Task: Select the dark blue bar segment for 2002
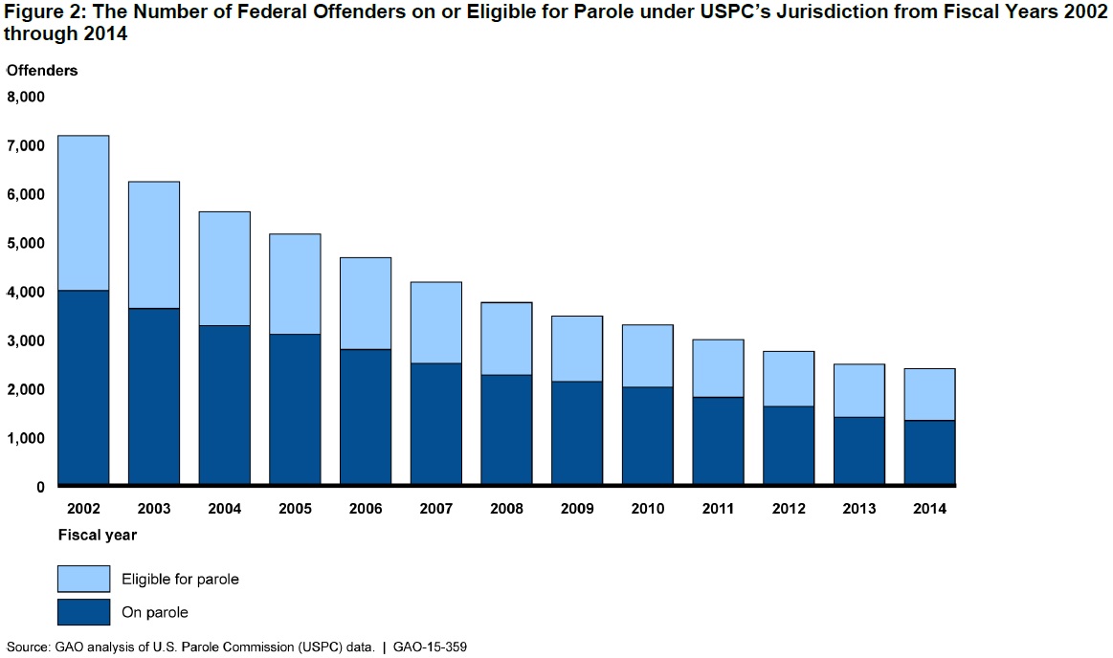(83, 387)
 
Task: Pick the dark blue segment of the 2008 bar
(506, 429)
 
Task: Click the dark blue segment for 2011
(718, 441)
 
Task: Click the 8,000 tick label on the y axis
(26, 97)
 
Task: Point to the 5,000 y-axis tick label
(26, 243)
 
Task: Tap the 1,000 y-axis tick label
(26, 438)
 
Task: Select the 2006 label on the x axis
(366, 509)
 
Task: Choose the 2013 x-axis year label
(858, 509)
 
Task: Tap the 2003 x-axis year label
(154, 509)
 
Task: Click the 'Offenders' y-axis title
(42, 71)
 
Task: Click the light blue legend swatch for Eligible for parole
(83, 578)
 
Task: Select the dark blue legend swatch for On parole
(83, 612)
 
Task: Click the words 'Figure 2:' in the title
(38, 12)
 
